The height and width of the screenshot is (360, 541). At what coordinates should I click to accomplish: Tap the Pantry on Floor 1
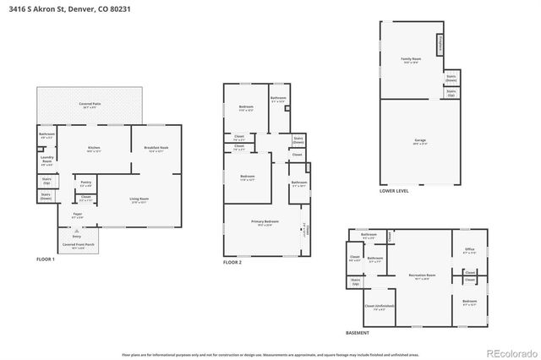coord(86,183)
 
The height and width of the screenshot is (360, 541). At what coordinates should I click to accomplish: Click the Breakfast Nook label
coord(156,150)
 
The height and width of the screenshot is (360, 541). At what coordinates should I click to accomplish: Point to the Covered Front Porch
coord(79,246)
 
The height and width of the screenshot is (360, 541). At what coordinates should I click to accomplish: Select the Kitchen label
coord(94,149)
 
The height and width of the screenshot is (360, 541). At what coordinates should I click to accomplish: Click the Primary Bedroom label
coord(265,223)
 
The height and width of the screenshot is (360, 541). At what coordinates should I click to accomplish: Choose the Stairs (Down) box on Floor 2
coord(298,140)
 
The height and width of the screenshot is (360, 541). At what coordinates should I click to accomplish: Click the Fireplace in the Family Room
coord(440,44)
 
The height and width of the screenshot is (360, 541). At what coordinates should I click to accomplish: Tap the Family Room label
coord(411,60)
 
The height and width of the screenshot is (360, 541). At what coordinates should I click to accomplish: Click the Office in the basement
coord(469,251)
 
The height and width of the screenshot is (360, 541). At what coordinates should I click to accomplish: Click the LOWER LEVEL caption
coord(394,192)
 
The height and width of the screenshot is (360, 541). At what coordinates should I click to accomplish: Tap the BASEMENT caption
coord(358,333)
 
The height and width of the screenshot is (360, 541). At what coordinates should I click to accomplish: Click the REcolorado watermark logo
coord(510,352)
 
